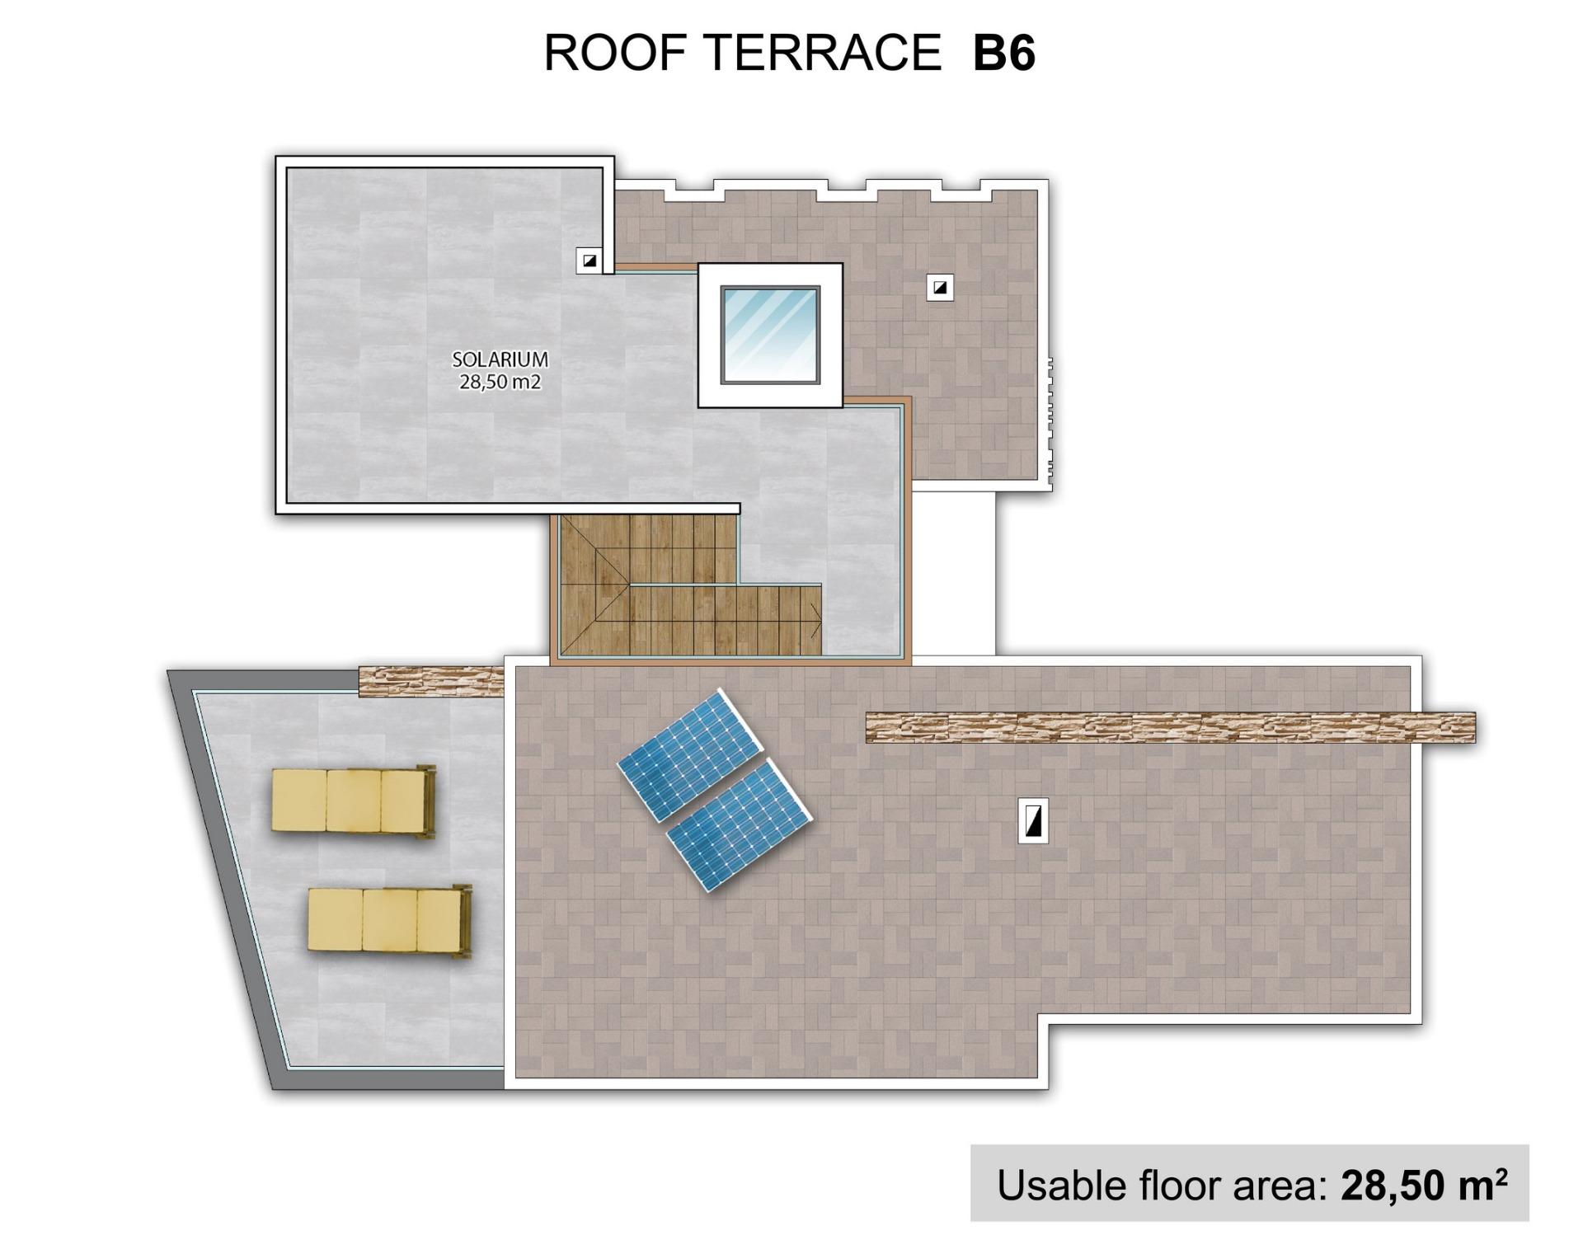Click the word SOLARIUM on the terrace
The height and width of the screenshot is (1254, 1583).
500,359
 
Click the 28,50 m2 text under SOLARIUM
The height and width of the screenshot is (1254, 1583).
500,382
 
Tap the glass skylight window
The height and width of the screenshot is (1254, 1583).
770,335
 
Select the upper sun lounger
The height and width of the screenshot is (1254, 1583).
353,801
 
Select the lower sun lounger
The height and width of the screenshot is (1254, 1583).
388,920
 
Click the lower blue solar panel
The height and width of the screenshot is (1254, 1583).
740,824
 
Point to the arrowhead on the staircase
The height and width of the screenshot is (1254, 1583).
816,620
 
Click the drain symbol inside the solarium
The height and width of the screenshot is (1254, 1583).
589,261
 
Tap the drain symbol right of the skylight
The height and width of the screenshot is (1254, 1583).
940,288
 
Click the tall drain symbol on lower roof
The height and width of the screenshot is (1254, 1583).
1033,821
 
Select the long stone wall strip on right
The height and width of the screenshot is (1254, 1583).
1170,728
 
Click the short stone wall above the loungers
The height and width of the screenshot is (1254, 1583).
431,681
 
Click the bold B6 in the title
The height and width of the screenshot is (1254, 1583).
1003,54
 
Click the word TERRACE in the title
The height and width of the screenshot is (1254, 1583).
824,54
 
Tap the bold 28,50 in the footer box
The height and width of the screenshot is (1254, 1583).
1391,1186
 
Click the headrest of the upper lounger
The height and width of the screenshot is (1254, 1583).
426,801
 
